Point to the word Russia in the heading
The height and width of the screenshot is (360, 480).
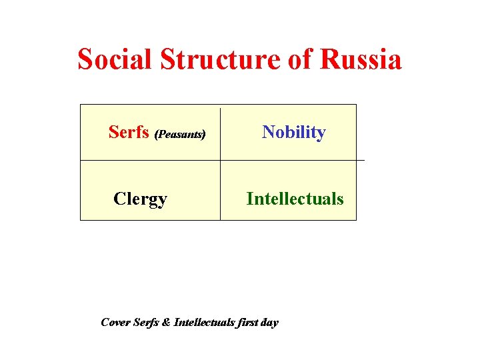click(x=361, y=59)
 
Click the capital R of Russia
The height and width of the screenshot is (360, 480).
click(x=330, y=59)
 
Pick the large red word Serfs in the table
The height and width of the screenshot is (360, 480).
click(x=129, y=132)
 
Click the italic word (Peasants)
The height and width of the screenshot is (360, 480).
click(x=180, y=134)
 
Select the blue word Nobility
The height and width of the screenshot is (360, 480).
click(x=294, y=132)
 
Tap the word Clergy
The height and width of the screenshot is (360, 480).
click(x=140, y=199)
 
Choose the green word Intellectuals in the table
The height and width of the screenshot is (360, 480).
click(x=295, y=199)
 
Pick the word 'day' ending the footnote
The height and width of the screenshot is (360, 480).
click(x=269, y=323)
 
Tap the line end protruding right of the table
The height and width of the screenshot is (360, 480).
click(x=361, y=160)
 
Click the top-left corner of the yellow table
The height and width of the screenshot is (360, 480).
click(x=81, y=105)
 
